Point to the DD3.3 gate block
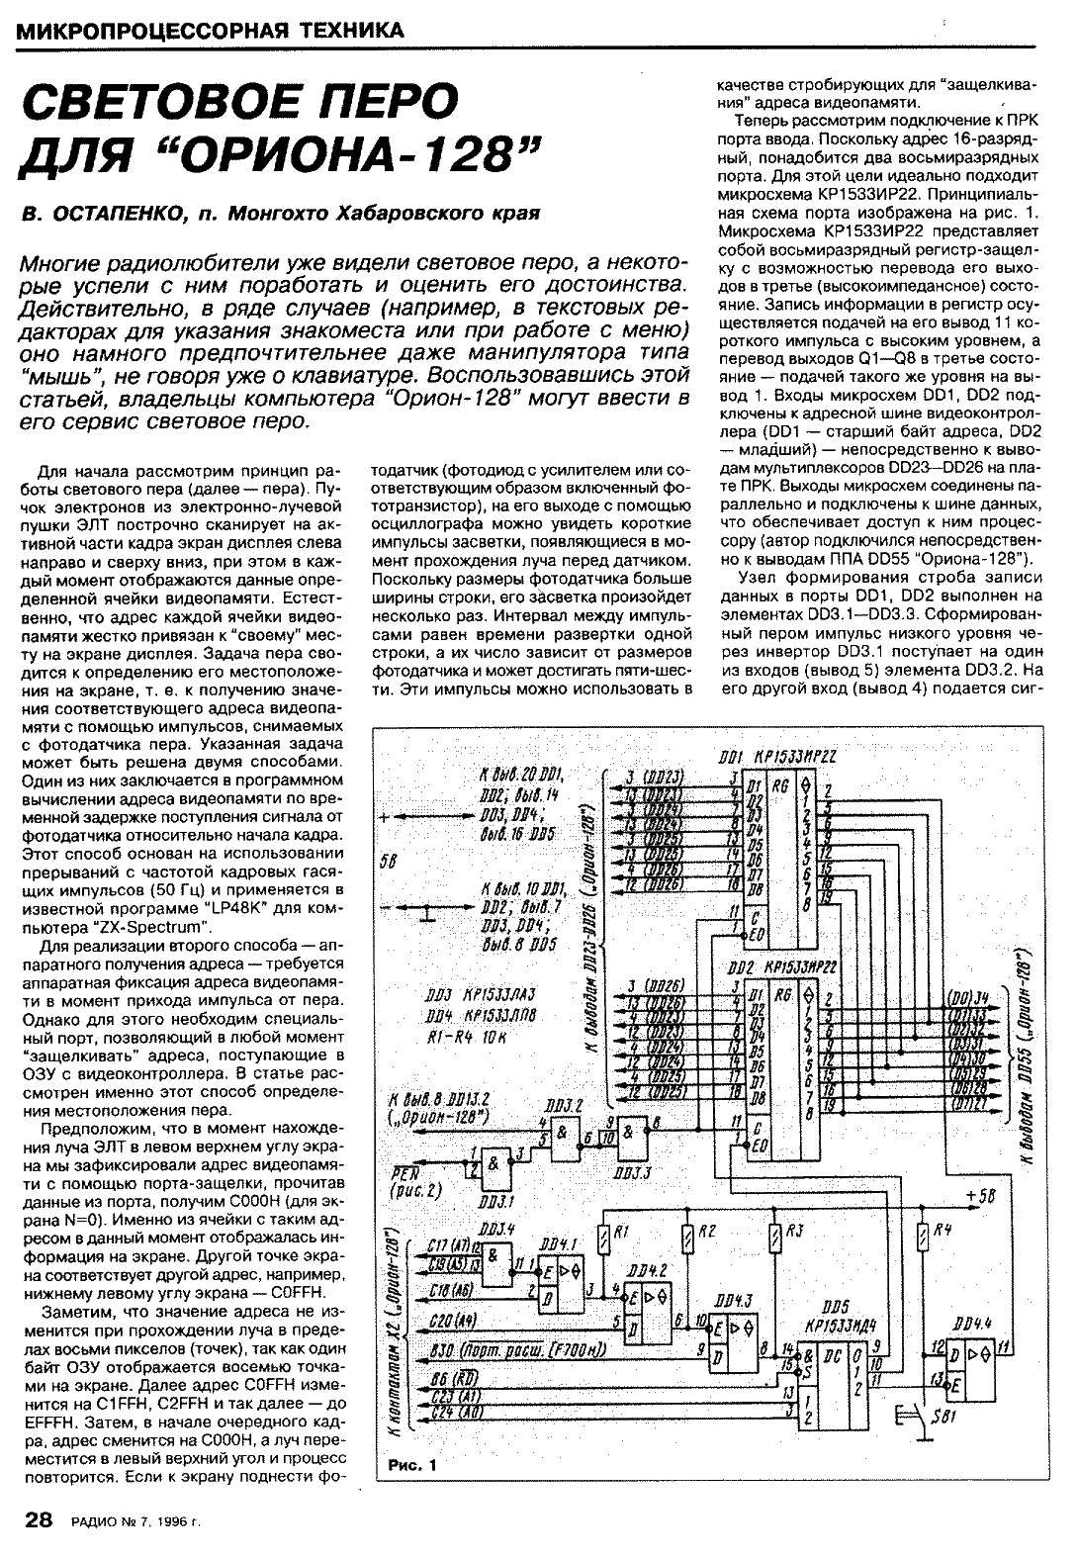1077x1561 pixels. tap(629, 1134)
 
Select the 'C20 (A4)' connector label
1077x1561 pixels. tap(453, 1321)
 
